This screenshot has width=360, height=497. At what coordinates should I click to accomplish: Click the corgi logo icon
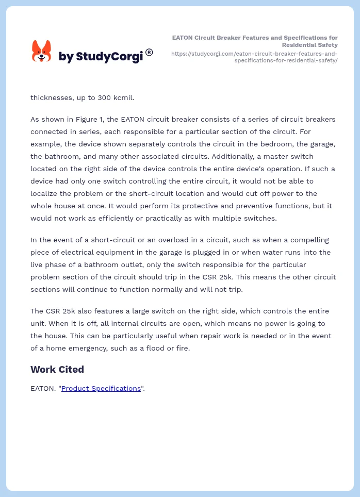pos(42,51)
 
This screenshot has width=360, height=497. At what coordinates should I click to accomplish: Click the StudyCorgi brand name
pos(101,57)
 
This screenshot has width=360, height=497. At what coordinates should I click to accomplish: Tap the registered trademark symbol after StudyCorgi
pos(149,52)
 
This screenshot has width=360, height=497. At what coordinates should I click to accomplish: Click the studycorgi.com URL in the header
pos(254,57)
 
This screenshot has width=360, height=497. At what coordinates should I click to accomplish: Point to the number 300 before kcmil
pos(98,97)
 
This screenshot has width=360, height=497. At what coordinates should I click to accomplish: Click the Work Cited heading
pos(57,369)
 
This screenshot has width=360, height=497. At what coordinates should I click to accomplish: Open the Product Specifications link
pos(101,388)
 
